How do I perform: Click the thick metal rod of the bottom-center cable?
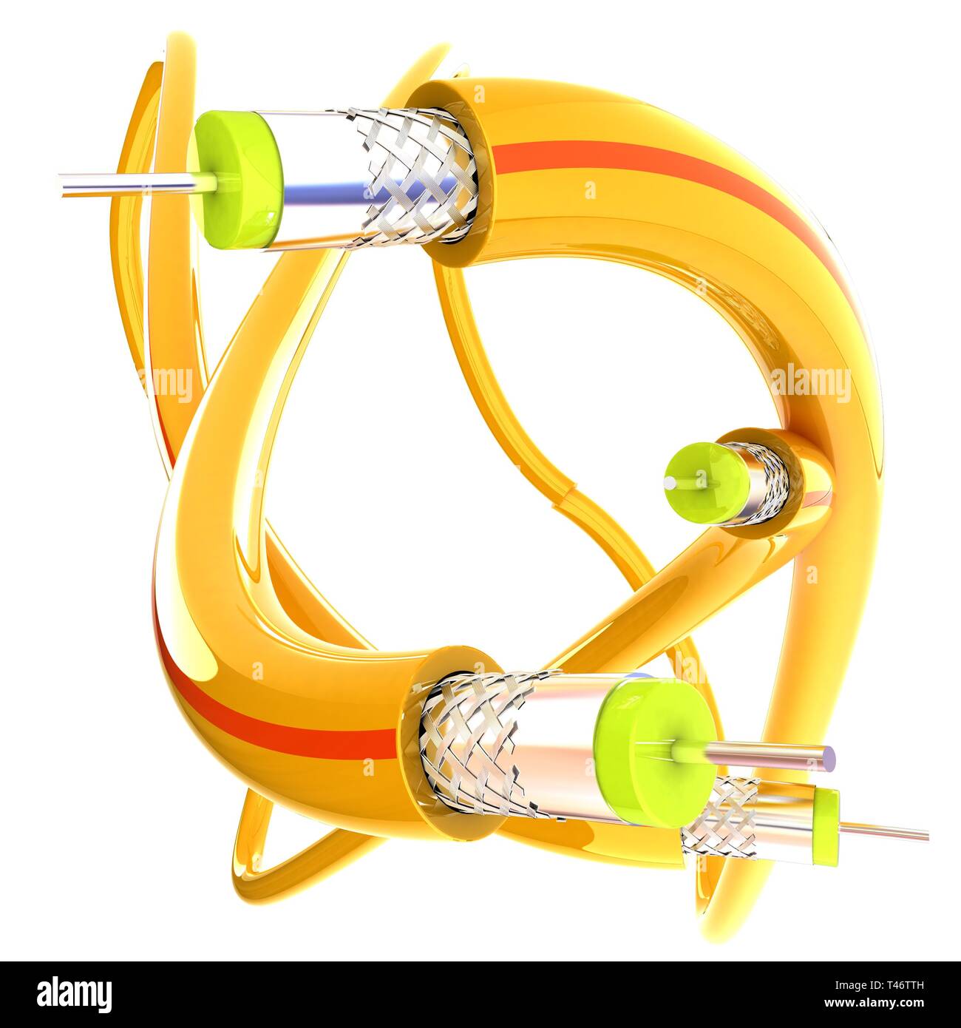[x=769, y=754]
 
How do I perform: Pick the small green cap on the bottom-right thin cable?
[x=826, y=827]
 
